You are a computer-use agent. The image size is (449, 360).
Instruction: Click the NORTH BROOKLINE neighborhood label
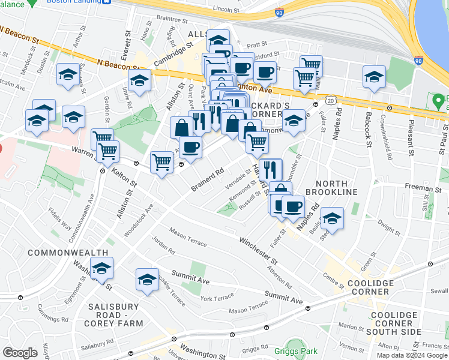click(x=331, y=186)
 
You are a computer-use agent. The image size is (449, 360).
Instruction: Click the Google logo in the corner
click(x=20, y=353)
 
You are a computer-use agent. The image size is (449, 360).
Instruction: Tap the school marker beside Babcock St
click(x=374, y=77)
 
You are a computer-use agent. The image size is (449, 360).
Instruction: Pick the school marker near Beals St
click(x=331, y=218)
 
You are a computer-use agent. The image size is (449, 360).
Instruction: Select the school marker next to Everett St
click(x=139, y=80)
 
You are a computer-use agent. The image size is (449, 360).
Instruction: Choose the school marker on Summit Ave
click(x=148, y=279)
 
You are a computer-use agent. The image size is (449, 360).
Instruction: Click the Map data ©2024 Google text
click(x=412, y=355)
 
